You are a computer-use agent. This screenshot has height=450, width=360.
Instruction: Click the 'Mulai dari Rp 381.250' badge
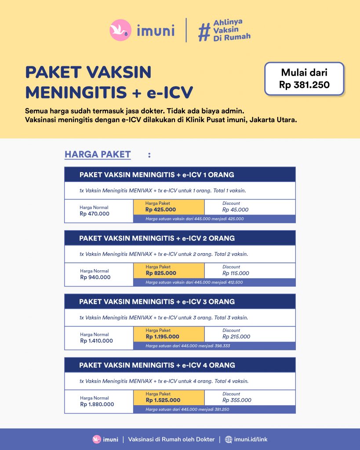304,79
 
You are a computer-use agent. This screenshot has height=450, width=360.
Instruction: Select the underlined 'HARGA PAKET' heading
98,154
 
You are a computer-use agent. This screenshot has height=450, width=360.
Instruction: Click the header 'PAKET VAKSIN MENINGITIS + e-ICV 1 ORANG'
156,175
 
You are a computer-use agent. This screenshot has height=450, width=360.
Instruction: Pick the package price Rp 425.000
161,210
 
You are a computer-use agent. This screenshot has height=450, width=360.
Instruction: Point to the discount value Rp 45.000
235,210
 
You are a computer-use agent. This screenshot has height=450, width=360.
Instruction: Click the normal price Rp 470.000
95,214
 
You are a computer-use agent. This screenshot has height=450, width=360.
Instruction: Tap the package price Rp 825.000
161,273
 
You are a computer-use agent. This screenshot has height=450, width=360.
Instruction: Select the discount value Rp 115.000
236,273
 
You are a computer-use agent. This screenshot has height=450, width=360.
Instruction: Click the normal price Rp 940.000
95,277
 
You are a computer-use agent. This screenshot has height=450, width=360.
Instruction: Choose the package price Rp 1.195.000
163,337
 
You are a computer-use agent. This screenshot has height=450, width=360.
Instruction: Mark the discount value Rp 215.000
236,337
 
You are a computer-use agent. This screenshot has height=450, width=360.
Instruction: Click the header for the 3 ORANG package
157,302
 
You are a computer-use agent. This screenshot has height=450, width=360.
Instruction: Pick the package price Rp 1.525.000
163,400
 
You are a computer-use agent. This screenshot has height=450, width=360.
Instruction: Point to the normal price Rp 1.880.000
97,404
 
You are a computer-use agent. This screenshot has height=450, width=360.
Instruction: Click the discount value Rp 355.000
237,400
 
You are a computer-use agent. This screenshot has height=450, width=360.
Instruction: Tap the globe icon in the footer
229,439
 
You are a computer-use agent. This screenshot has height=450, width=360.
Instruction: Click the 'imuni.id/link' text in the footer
251,439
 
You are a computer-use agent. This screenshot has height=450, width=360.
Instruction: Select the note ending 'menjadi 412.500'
194,282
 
